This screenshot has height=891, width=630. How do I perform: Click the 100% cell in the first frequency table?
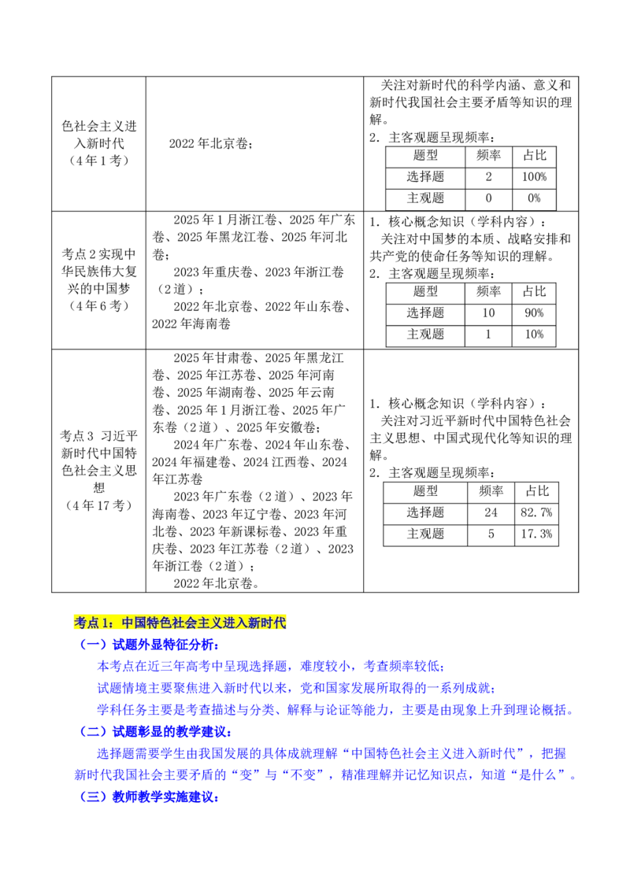click(x=534, y=177)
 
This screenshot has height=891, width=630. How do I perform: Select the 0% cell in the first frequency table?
click(x=534, y=198)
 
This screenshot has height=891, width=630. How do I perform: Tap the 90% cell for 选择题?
click(x=534, y=313)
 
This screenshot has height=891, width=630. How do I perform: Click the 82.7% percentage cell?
click(x=536, y=512)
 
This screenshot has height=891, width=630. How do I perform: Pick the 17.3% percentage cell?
click(x=536, y=534)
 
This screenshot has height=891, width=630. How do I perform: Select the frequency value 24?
click(x=491, y=512)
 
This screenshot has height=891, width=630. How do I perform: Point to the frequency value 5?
click(x=491, y=534)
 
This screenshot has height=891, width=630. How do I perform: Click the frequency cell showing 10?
click(x=488, y=313)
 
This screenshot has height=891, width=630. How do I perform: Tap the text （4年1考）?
click(x=99, y=161)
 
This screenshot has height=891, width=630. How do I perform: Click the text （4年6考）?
click(x=99, y=305)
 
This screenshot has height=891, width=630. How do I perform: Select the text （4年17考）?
click(x=99, y=505)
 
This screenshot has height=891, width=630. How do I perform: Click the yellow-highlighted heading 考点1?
click(x=180, y=623)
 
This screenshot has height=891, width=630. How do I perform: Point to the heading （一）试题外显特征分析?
click(x=149, y=645)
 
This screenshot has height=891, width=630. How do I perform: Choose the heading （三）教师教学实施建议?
click(x=149, y=797)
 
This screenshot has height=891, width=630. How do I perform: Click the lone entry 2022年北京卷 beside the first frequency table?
click(x=210, y=144)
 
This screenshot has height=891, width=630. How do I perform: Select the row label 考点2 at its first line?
click(x=99, y=254)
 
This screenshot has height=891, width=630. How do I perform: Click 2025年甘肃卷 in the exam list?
click(x=213, y=358)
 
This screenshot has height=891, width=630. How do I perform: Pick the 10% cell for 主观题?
click(x=534, y=335)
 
